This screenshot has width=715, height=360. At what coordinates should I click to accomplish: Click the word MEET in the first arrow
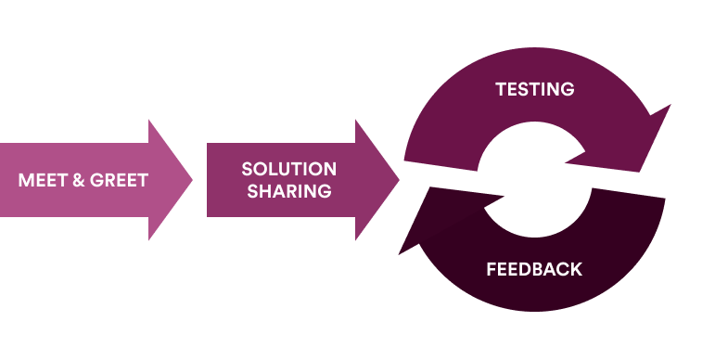pos(41,180)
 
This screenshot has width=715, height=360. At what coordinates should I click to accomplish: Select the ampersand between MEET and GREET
pos(77,180)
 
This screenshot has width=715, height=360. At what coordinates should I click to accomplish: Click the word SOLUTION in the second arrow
pos(288,169)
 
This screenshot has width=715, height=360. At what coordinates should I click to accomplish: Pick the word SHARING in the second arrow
pos(288,192)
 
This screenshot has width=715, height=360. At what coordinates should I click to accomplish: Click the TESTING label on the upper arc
pos(535,89)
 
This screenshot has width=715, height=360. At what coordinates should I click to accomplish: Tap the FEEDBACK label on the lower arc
pos(534,270)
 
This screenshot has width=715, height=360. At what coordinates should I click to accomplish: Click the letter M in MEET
pos(25,180)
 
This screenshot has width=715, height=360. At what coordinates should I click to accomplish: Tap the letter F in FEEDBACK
pos(491,270)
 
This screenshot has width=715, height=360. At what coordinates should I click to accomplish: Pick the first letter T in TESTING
pos(501,89)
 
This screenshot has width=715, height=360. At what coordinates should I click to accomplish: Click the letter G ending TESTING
pos(568,89)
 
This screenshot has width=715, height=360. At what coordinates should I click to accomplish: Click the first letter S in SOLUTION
pos(248,169)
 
